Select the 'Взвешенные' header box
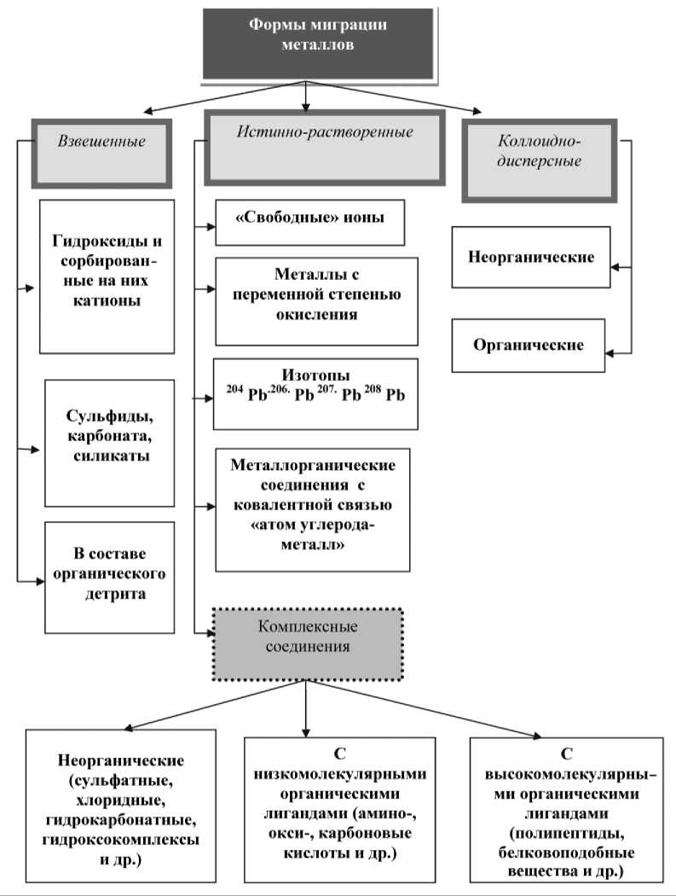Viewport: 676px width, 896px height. (x=101, y=152)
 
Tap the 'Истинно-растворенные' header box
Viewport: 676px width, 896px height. (x=325, y=147)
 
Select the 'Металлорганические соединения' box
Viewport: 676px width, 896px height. (x=313, y=509)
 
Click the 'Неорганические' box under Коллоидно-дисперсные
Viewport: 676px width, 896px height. (x=530, y=257)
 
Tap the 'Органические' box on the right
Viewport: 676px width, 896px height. (x=529, y=345)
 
